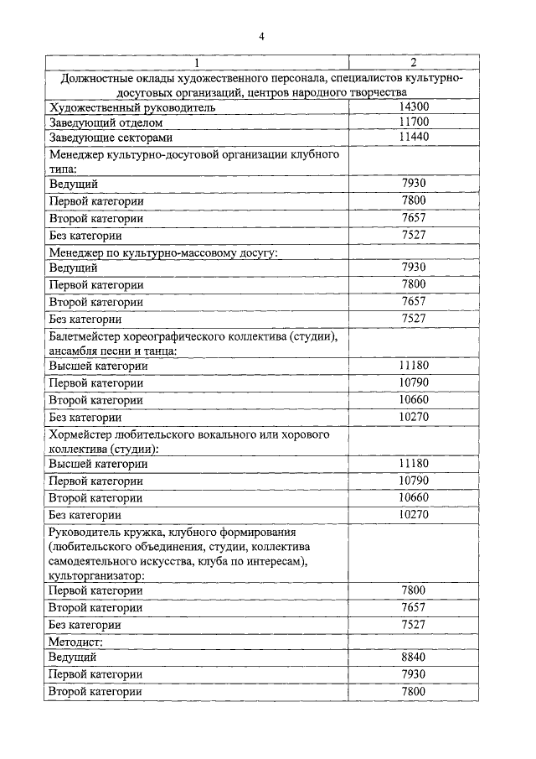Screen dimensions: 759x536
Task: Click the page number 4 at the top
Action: click(x=261, y=36)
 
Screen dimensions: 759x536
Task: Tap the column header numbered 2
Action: click(x=413, y=63)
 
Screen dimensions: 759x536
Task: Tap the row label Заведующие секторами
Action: click(x=110, y=138)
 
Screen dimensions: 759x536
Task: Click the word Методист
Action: click(x=76, y=641)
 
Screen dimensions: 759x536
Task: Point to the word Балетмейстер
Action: click(x=89, y=336)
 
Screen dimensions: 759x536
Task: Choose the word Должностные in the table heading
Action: click(x=98, y=78)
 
